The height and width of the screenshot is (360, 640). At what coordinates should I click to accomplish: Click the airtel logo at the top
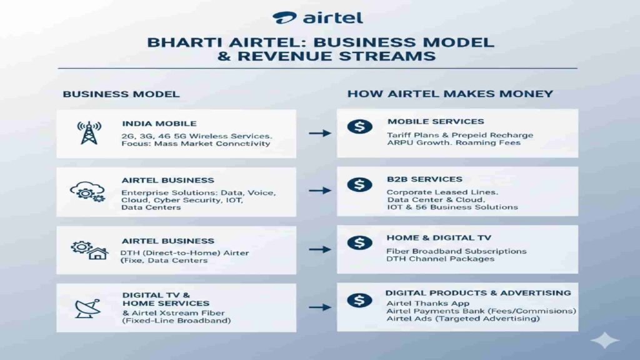[318, 17]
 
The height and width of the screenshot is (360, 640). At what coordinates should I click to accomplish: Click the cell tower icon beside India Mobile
[89, 132]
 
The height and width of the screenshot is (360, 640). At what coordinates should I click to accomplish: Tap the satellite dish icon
[87, 307]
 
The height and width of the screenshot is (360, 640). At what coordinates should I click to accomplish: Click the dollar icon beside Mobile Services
[359, 127]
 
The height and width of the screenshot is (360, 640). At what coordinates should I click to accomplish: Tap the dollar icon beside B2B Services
[359, 185]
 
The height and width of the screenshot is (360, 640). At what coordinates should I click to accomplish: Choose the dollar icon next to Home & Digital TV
[359, 243]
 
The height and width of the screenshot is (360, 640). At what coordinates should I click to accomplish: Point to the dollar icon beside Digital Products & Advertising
[359, 301]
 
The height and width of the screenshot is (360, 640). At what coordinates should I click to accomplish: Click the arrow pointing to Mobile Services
[319, 133]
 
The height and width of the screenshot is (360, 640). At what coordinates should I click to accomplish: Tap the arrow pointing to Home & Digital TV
[319, 249]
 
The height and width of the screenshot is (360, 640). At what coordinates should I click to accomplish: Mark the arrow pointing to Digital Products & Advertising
[319, 307]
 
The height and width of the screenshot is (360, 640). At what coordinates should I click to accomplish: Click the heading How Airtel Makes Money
[450, 94]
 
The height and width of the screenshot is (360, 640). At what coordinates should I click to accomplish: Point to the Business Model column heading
[121, 94]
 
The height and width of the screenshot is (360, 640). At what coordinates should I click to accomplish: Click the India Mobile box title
[159, 123]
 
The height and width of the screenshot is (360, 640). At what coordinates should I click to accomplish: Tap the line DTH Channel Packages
[440, 259]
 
